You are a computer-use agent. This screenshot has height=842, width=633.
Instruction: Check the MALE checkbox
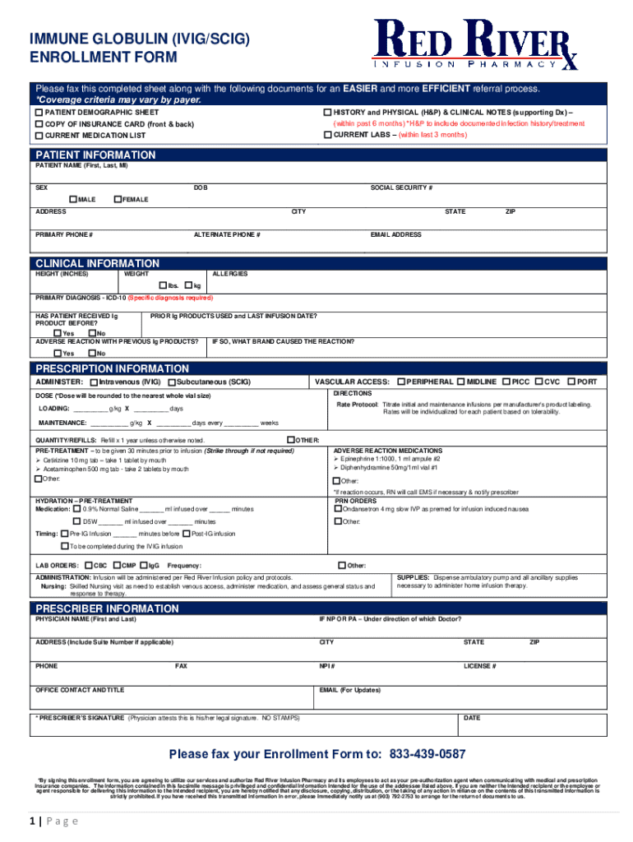point(73,200)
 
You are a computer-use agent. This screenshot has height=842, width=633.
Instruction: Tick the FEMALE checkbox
point(118,200)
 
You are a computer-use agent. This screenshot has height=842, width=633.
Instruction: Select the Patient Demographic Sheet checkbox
point(39,112)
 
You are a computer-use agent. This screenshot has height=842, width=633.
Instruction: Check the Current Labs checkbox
point(327,134)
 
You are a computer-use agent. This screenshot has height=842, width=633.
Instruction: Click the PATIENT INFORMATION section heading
point(95,155)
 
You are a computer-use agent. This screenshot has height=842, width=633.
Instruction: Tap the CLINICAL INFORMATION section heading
point(98,263)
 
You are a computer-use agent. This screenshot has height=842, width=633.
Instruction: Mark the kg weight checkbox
point(188,285)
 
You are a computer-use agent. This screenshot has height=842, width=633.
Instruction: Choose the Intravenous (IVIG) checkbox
point(94,382)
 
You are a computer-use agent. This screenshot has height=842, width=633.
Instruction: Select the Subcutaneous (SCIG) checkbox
point(171,382)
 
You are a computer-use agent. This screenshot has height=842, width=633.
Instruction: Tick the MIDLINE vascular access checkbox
point(460,382)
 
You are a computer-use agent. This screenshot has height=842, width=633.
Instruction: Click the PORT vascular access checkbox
point(570,382)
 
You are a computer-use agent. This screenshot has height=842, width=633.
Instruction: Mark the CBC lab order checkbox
point(89,566)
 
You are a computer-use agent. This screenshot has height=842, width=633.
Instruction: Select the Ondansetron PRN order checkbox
point(337,509)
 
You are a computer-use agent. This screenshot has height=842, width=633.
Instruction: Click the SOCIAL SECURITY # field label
point(401,187)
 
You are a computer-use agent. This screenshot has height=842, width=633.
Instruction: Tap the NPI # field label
point(327,666)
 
